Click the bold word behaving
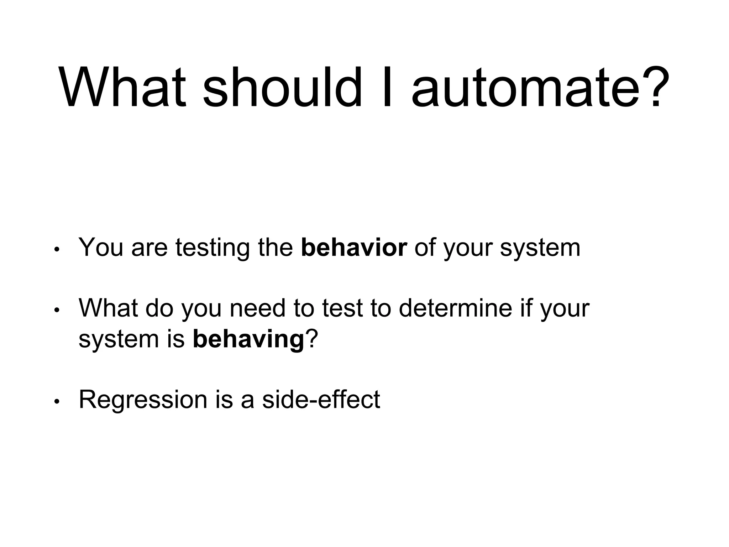tap(248, 339)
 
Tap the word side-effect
tap(321, 400)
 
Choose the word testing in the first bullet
tap(213, 248)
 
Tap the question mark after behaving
tap(311, 339)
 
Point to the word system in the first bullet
tap(540, 248)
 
